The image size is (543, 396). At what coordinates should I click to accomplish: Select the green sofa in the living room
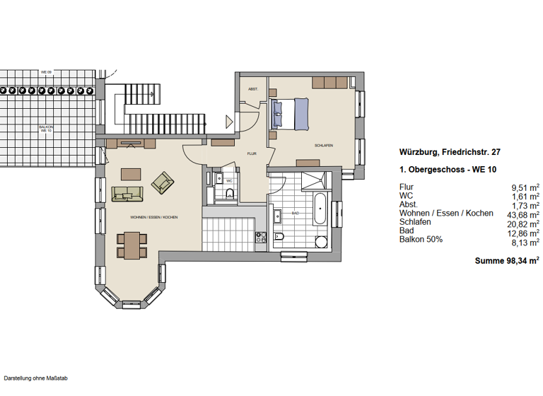(127, 193)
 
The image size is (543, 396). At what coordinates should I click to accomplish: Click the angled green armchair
(163, 183)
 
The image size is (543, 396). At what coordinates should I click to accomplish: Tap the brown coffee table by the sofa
(132, 173)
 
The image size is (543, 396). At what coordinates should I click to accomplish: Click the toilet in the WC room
(228, 194)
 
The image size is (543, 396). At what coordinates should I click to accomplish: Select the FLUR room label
(251, 153)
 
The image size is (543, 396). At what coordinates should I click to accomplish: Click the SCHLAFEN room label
(324, 146)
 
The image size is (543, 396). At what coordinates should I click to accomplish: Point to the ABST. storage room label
(252, 89)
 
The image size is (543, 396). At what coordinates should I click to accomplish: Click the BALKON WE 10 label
(45, 129)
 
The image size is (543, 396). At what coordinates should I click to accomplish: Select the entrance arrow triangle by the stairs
(228, 120)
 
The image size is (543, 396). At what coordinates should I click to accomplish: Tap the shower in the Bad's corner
(311, 180)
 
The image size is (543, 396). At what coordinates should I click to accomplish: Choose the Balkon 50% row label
(421, 239)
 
